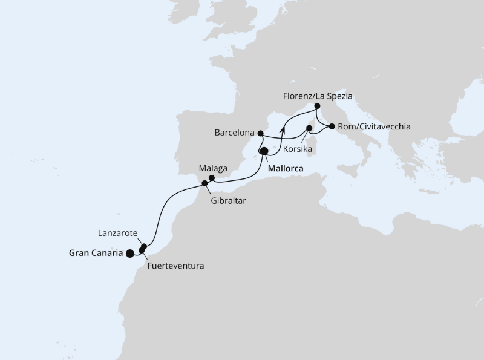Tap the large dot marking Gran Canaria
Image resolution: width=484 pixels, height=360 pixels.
tap(129, 254)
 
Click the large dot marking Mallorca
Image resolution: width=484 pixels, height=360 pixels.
tap(264, 152)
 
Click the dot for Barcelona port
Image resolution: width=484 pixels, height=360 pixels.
tap(260, 133)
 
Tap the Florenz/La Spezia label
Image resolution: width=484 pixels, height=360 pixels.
tap(318, 96)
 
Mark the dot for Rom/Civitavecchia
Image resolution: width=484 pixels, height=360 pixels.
tap(332, 126)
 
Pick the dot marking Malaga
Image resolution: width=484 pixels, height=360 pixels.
tap(212, 178)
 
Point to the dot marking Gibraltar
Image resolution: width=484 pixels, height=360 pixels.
tap(205, 183)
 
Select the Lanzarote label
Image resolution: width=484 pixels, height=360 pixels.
tap(118, 232)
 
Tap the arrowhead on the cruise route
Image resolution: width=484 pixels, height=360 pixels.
tap(283, 128)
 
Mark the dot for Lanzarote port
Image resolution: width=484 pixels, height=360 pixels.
tap(145, 246)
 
